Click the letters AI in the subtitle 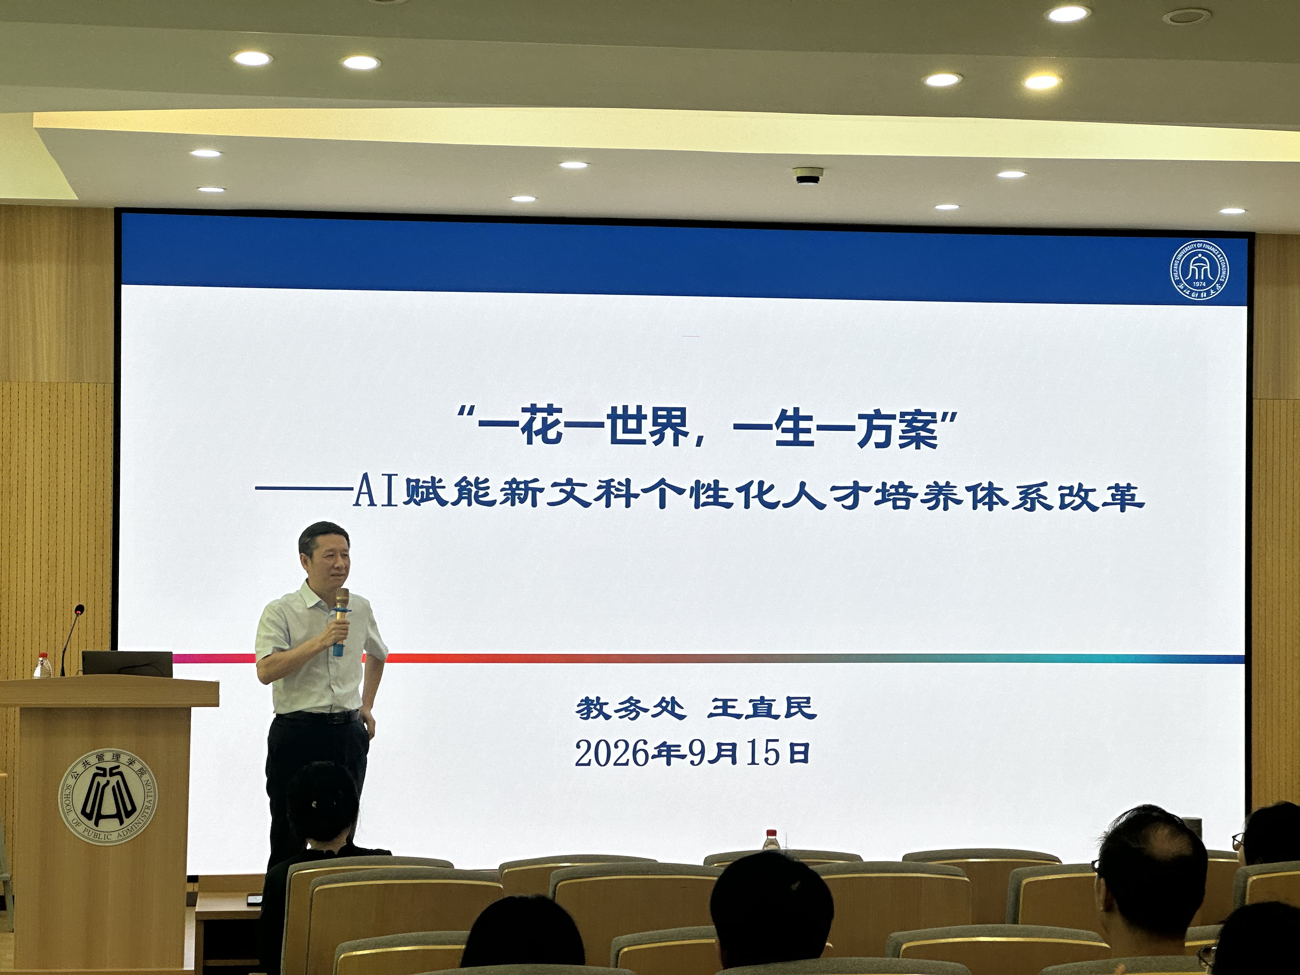pos(377,494)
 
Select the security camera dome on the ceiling pos(809,176)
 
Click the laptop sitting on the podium pos(127,664)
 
